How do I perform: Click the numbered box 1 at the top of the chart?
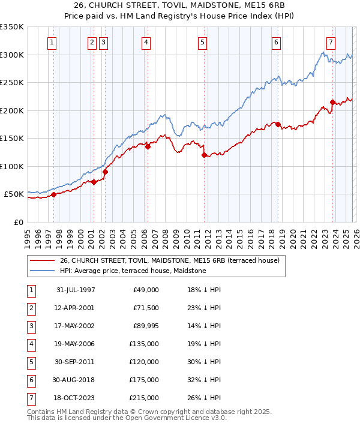pyautogui.click(x=53, y=42)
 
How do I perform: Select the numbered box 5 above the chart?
pyautogui.click(x=202, y=42)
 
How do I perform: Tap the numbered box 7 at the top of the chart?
pyautogui.click(x=331, y=42)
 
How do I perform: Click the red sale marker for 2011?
pyautogui.click(x=204, y=155)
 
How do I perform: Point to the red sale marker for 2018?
pyautogui.click(x=278, y=124)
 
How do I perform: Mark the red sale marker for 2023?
pyautogui.click(x=332, y=102)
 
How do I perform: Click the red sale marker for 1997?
pyautogui.click(x=54, y=194)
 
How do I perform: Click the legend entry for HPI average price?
pyautogui.click(x=133, y=271)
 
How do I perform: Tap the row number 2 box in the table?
pyautogui.click(x=29, y=308)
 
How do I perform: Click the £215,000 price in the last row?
pyautogui.click(x=144, y=397)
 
